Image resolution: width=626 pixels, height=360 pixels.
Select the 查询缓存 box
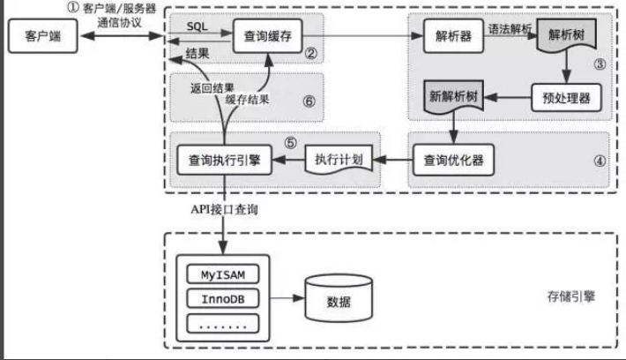click(x=268, y=37)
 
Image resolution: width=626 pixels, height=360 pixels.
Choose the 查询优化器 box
click(x=451, y=160)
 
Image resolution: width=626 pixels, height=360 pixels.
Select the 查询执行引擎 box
click(x=224, y=160)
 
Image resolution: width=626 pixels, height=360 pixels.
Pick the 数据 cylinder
click(x=339, y=300)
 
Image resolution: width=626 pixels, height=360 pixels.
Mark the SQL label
click(x=197, y=28)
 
